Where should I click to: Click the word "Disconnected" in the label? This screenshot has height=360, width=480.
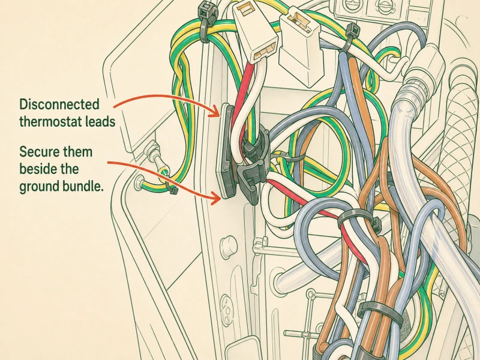(x=59, y=104)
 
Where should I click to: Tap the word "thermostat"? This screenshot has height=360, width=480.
(x=46, y=122)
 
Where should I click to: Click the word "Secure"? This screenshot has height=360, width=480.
(x=38, y=152)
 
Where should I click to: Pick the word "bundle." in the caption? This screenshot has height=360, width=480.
(x=83, y=186)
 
